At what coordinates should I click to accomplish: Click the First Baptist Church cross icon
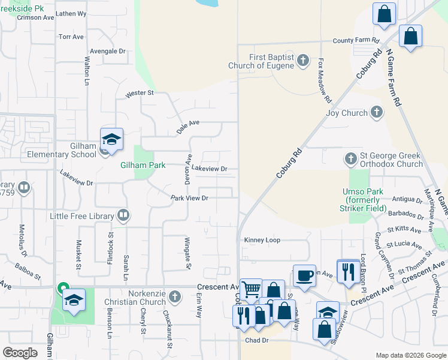[x=303, y=61]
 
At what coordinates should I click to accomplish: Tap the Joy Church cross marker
[x=377, y=112]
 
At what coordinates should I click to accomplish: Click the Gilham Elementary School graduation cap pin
[x=111, y=140]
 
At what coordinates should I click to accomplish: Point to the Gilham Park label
[x=142, y=165]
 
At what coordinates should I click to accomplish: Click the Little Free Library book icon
[x=123, y=215]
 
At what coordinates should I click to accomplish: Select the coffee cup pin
[x=304, y=276]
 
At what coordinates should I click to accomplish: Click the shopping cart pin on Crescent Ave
[x=251, y=290]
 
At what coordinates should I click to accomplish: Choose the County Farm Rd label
[x=356, y=40]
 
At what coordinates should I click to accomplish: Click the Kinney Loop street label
[x=262, y=240]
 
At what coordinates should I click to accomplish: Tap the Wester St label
[x=140, y=94]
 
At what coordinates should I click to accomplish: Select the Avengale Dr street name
[x=109, y=51]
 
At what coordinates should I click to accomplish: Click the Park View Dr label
[x=189, y=197]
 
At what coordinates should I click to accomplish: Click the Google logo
[x=20, y=352]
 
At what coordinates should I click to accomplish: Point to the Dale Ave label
[x=187, y=125]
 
